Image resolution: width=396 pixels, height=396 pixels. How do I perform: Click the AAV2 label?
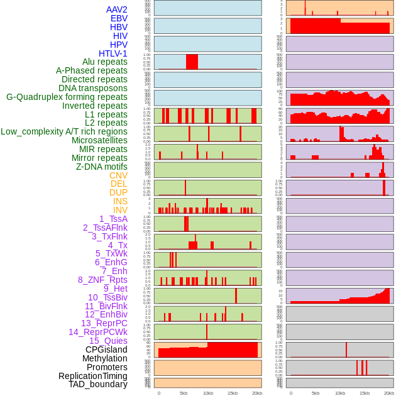117,9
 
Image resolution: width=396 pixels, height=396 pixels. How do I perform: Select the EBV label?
119,18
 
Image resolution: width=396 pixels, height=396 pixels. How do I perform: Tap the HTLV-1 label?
113,53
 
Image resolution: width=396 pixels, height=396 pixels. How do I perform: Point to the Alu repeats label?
105,62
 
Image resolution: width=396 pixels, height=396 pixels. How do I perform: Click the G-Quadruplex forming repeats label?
67,97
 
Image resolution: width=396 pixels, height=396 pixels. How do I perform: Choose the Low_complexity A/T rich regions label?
64,131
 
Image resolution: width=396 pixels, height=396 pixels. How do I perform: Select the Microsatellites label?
99,140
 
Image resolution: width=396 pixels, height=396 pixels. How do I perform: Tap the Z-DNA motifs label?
102,167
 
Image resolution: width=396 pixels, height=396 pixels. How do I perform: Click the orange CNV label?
118,175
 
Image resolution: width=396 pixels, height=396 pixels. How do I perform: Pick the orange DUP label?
118,192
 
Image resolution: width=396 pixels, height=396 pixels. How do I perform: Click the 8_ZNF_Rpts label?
102,280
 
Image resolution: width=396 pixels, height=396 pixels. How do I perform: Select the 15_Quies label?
108,341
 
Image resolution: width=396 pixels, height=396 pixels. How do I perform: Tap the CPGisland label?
106,349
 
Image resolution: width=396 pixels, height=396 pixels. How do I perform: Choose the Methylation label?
105,358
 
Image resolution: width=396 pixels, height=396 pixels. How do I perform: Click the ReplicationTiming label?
93,376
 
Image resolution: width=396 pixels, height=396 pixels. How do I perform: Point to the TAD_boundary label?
98,384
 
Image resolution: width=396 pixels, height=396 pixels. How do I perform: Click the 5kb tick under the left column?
184,393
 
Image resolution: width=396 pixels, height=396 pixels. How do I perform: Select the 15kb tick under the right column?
365,393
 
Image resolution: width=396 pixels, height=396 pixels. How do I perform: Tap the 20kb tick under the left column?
256,393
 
